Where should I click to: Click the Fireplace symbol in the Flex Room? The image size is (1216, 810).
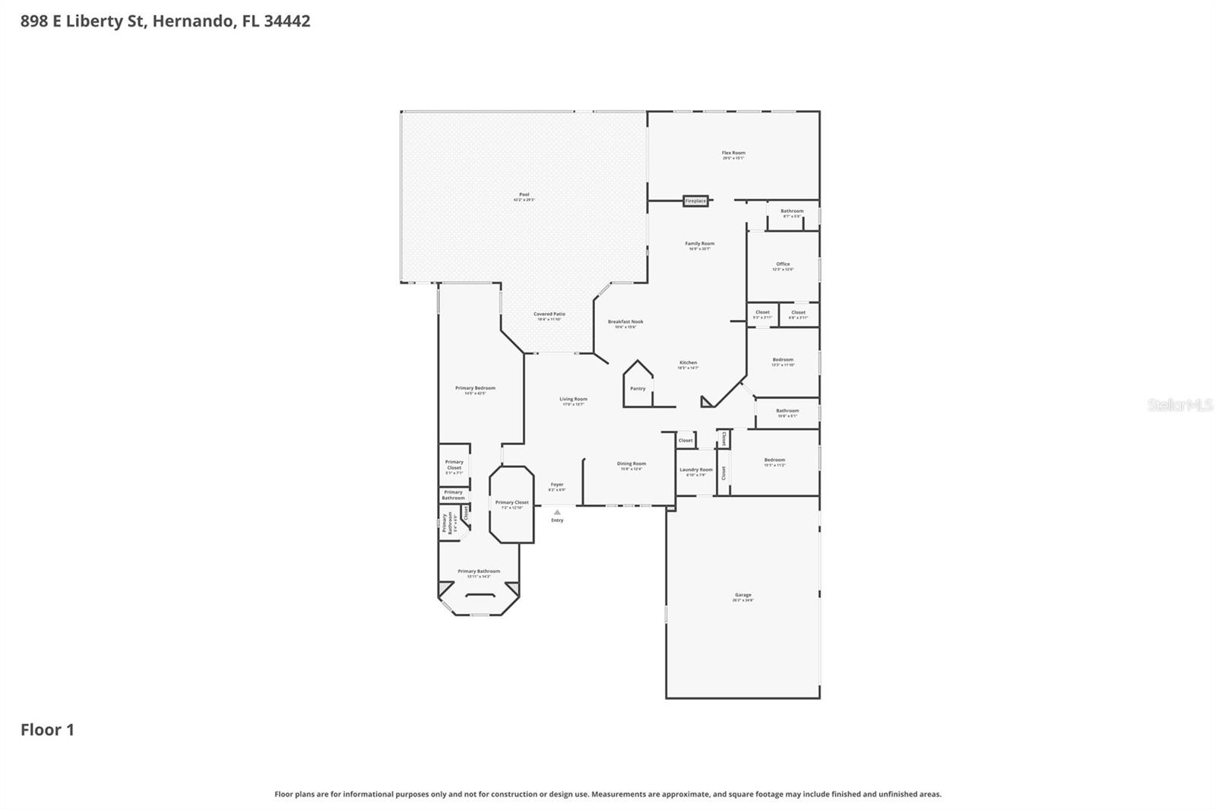695,201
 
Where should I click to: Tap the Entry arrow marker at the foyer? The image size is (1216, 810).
557,512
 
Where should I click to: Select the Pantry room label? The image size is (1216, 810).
638,388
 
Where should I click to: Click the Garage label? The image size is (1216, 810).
743,596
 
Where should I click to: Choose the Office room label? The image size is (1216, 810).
783,264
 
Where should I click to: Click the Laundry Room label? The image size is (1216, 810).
695,470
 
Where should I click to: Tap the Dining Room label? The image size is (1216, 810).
631,464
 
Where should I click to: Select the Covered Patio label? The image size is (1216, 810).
549,315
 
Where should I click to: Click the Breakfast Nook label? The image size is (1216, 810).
625,322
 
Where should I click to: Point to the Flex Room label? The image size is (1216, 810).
733,153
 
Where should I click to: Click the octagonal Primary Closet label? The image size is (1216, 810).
511,503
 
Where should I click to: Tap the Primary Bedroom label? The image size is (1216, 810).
475,388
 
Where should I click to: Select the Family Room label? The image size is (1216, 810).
699,244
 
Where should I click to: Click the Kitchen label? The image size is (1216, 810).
688,363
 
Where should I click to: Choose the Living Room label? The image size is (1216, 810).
573,400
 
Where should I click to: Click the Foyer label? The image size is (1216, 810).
557,485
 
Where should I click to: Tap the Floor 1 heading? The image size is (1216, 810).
47,729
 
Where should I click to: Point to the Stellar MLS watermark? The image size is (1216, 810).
1180,405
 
